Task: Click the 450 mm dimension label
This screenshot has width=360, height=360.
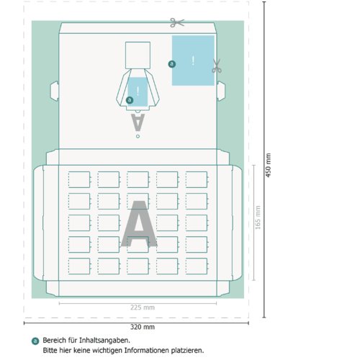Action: pos(269,166)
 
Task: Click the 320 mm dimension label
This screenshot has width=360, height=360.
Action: pos(143,327)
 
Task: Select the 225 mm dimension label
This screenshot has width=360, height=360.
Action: pos(143,307)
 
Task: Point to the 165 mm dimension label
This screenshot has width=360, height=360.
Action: pos(258,217)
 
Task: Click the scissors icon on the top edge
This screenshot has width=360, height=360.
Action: pos(177,22)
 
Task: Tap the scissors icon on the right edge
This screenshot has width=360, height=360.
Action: pos(217,66)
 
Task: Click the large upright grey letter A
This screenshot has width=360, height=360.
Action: pos(139,224)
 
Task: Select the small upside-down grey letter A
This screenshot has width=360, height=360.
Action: pos(138,122)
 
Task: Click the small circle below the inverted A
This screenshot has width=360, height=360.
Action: pos(138,136)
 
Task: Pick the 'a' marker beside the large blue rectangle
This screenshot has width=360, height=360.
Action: pos(172,64)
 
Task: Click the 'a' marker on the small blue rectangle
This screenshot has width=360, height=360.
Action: pos(130,100)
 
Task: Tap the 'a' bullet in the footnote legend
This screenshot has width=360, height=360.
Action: pos(35,341)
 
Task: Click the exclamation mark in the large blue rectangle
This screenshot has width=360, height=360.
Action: pos(193,60)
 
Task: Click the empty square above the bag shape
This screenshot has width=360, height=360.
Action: pos(138,55)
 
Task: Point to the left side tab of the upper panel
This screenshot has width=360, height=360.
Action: pos(55,91)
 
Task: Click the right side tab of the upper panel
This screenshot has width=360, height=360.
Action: pos(221,91)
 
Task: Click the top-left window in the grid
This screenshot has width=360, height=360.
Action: pos(79,179)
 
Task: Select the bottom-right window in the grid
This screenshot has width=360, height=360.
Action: pos(197,266)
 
